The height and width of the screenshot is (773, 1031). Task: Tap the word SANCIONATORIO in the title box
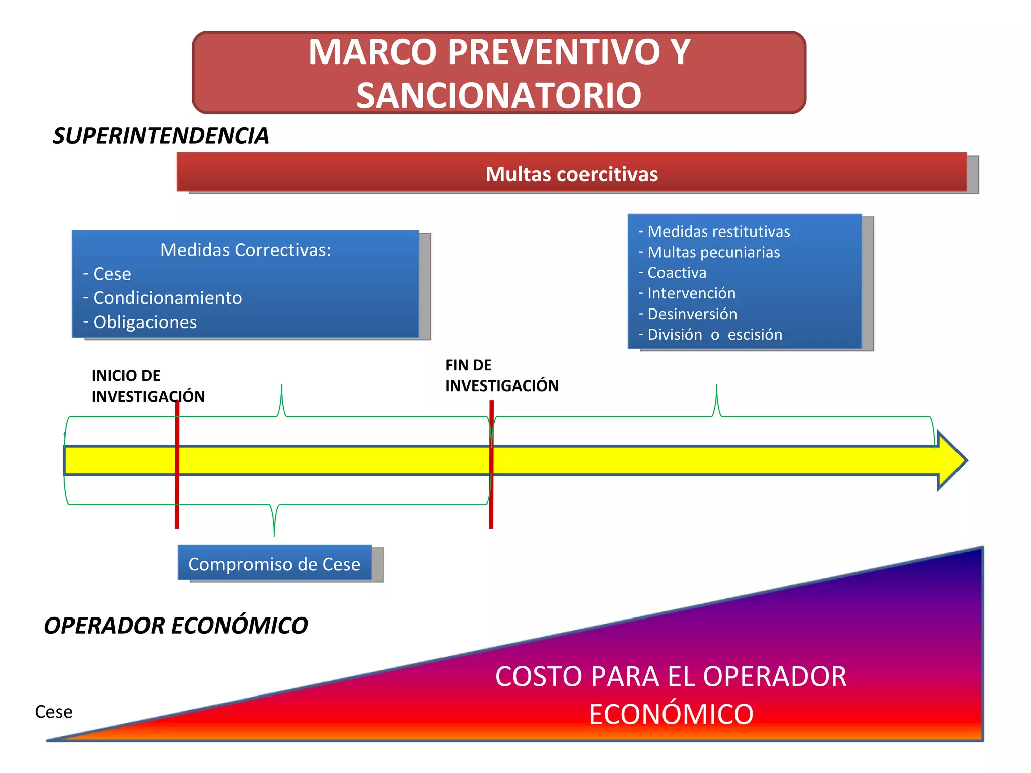tap(499, 95)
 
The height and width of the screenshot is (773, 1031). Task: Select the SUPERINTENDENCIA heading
tap(161, 136)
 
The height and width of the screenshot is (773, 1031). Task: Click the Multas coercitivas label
tap(571, 174)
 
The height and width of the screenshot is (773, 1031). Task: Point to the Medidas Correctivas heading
tap(246, 250)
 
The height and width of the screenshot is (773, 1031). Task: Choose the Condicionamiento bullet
tap(167, 298)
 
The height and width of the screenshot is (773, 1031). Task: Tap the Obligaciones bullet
tap(145, 322)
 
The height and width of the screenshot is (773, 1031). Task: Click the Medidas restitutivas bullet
tap(718, 231)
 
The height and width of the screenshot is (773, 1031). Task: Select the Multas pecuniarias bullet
tap(713, 252)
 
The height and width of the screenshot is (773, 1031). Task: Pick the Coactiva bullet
tap(677, 273)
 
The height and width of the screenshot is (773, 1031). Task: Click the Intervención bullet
tap(691, 293)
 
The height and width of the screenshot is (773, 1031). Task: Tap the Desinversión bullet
tap(692, 314)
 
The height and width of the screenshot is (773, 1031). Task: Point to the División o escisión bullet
tap(714, 335)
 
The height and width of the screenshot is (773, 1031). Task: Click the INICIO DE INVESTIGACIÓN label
tap(148, 386)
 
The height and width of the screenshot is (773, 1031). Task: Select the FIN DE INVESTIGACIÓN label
tap(501, 375)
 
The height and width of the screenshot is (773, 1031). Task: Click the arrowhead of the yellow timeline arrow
tap(951, 460)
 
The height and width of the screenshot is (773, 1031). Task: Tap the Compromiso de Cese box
tap(274, 564)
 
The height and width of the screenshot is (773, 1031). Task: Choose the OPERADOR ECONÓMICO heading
tap(176, 626)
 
